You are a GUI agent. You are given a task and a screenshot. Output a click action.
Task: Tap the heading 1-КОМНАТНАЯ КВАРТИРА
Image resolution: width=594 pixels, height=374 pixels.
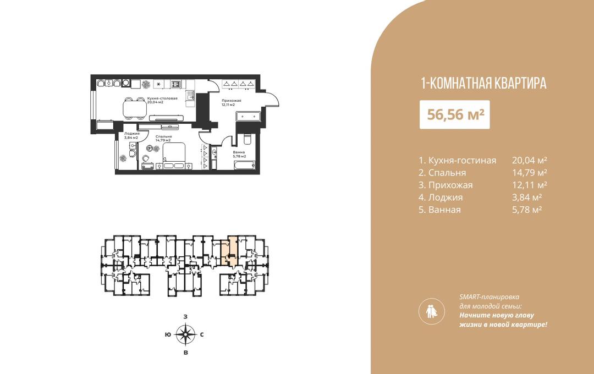tap(484, 84)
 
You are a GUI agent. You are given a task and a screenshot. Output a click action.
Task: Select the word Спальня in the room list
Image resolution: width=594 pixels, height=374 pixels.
tap(447, 173)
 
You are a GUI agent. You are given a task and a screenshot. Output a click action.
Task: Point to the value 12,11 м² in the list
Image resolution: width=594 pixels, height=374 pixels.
tap(530, 185)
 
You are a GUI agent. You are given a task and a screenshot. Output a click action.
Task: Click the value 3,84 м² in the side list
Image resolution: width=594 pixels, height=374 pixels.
tap(527, 197)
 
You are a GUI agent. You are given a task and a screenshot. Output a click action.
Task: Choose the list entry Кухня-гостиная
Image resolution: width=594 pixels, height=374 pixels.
tap(462, 160)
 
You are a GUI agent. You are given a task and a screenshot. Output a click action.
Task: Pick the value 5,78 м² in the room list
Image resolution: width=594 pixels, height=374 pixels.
tap(527, 210)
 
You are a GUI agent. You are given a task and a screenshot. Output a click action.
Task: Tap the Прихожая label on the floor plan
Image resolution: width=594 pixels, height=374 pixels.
tap(232, 101)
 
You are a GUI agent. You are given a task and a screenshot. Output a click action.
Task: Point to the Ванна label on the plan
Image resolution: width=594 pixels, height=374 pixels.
tap(239, 152)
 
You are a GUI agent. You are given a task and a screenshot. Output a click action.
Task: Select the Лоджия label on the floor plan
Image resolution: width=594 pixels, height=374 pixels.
tap(132, 134)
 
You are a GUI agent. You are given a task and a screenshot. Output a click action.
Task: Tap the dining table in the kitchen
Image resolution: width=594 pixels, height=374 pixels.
tap(134, 108)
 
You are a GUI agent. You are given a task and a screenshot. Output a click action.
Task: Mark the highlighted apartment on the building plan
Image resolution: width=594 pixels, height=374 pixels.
tap(229, 251)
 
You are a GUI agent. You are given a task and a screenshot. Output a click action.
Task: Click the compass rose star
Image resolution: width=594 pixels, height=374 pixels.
tap(185, 334)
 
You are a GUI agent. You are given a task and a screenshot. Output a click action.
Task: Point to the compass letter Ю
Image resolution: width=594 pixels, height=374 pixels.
tap(167, 334)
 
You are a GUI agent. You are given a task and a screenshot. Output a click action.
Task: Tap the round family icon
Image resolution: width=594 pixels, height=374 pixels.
tap(432, 311)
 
